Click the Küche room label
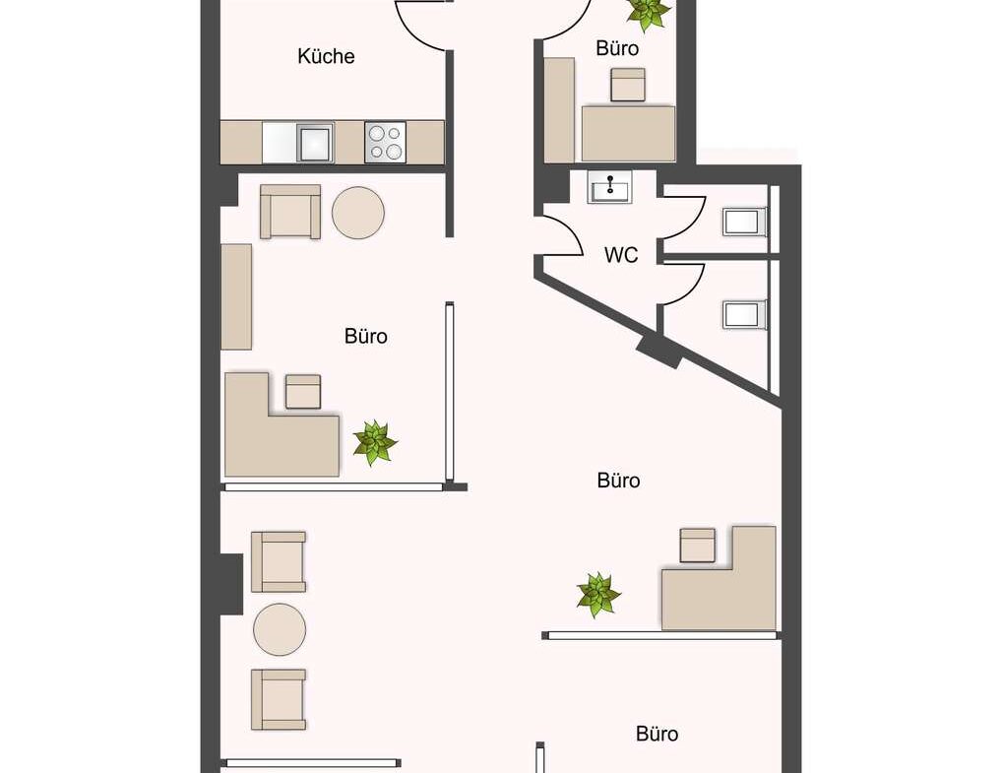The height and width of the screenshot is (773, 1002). [x=326, y=56]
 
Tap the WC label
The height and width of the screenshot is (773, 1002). [x=621, y=255]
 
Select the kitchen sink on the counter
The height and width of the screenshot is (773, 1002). [x=314, y=142]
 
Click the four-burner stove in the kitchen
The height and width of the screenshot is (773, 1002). [x=385, y=141]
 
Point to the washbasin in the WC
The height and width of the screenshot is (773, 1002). [x=609, y=187]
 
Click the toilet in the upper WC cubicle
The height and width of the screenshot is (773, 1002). [x=744, y=222]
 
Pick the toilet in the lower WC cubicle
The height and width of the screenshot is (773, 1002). [x=744, y=314]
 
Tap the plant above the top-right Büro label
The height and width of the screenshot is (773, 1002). [x=648, y=13]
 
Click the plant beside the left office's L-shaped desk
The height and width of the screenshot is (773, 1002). [x=375, y=442]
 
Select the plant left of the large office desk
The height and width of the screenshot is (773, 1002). [x=598, y=595]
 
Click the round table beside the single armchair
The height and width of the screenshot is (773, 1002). [x=358, y=213]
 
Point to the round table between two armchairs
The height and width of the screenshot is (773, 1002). [x=280, y=629]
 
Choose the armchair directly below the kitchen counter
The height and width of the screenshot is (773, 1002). [x=290, y=213]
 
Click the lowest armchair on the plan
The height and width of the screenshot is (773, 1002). [x=279, y=699]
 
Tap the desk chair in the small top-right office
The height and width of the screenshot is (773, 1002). [x=628, y=85]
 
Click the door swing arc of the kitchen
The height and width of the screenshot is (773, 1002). [x=416, y=32]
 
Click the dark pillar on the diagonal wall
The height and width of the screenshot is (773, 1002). [x=658, y=351]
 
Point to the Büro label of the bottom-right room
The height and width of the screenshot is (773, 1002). [x=657, y=734]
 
